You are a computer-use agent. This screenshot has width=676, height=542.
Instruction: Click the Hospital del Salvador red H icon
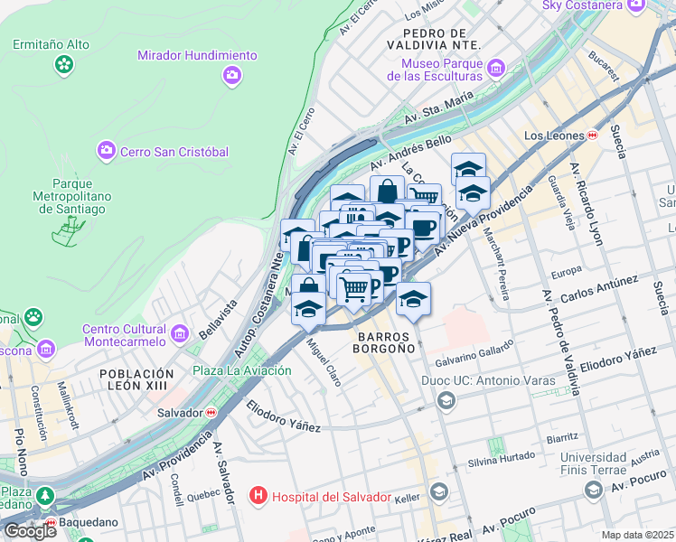tap(258, 496)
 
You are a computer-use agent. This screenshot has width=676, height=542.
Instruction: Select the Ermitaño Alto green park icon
tap(63, 63)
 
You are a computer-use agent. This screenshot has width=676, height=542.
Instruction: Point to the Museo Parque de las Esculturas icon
tap(494, 69)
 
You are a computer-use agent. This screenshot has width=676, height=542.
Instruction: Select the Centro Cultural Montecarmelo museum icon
tap(179, 334)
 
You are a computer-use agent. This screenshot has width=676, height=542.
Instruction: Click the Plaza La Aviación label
tap(241, 370)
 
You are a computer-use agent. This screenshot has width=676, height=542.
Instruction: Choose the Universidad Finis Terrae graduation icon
tap(594, 490)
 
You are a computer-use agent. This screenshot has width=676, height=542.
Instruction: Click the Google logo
tap(30, 530)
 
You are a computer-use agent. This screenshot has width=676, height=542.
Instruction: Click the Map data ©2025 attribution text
tap(637, 535)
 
